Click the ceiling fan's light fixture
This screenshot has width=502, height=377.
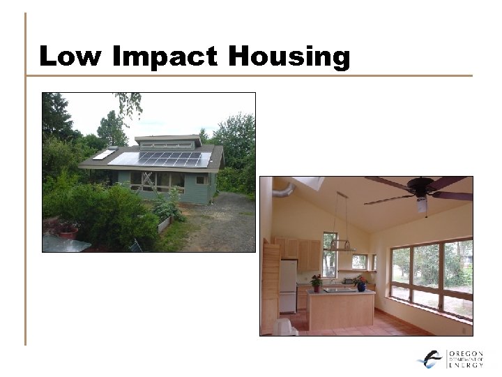421,204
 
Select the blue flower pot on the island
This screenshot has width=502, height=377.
360,286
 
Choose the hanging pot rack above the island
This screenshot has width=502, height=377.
342,246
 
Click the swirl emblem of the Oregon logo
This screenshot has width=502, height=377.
430,359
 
